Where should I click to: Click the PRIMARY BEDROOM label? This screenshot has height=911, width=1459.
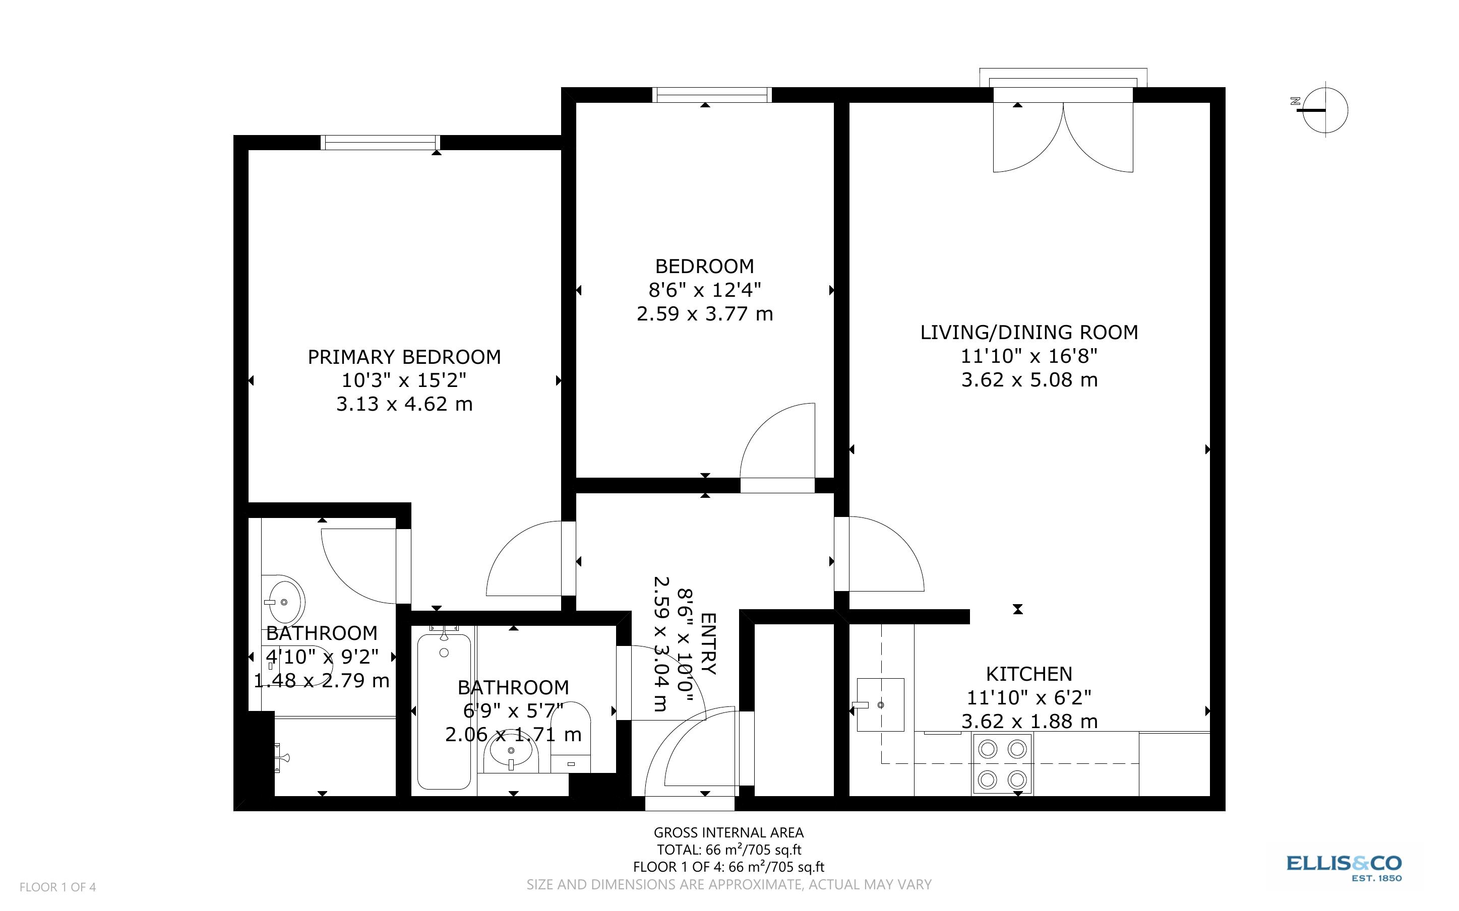pyautogui.click(x=404, y=357)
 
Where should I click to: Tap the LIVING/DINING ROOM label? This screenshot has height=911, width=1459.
pyautogui.click(x=1029, y=333)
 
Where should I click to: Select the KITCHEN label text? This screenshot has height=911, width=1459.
pyautogui.click(x=1029, y=674)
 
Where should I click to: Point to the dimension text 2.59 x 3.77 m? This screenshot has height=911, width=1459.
pyautogui.click(x=704, y=314)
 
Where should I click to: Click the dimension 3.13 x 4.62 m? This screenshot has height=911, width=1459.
pyautogui.click(x=404, y=404)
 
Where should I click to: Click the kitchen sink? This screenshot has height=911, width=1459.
pyautogui.click(x=880, y=705)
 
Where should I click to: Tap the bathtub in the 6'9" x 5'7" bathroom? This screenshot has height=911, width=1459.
pyautogui.click(x=444, y=711)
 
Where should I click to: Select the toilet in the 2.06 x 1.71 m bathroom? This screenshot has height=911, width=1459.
pyautogui.click(x=571, y=737)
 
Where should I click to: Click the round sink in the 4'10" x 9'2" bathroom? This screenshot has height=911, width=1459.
pyautogui.click(x=284, y=601)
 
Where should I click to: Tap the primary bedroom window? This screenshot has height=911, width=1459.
pyautogui.click(x=380, y=143)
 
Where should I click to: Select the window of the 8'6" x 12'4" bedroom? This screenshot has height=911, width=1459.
pyautogui.click(x=712, y=95)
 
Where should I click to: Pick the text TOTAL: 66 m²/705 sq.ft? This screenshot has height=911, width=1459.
pyautogui.click(x=728, y=850)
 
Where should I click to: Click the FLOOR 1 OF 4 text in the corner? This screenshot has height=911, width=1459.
pyautogui.click(x=58, y=887)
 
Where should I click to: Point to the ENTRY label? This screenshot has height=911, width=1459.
pyautogui.click(x=709, y=643)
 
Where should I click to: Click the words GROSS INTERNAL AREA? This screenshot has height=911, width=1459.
pyautogui.click(x=728, y=833)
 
